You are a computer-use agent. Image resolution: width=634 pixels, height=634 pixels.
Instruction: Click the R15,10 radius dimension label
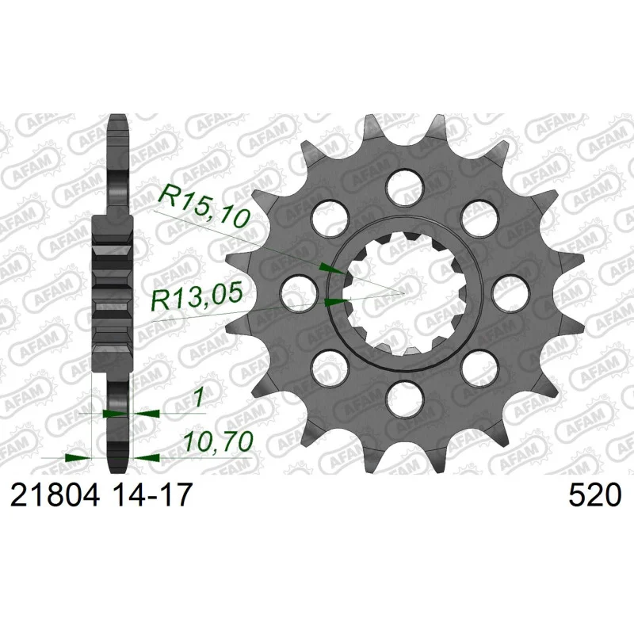tap(204, 205)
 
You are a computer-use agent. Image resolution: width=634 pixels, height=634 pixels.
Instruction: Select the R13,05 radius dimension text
tap(197, 296)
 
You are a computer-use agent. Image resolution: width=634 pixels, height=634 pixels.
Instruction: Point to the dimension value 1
tap(198, 399)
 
